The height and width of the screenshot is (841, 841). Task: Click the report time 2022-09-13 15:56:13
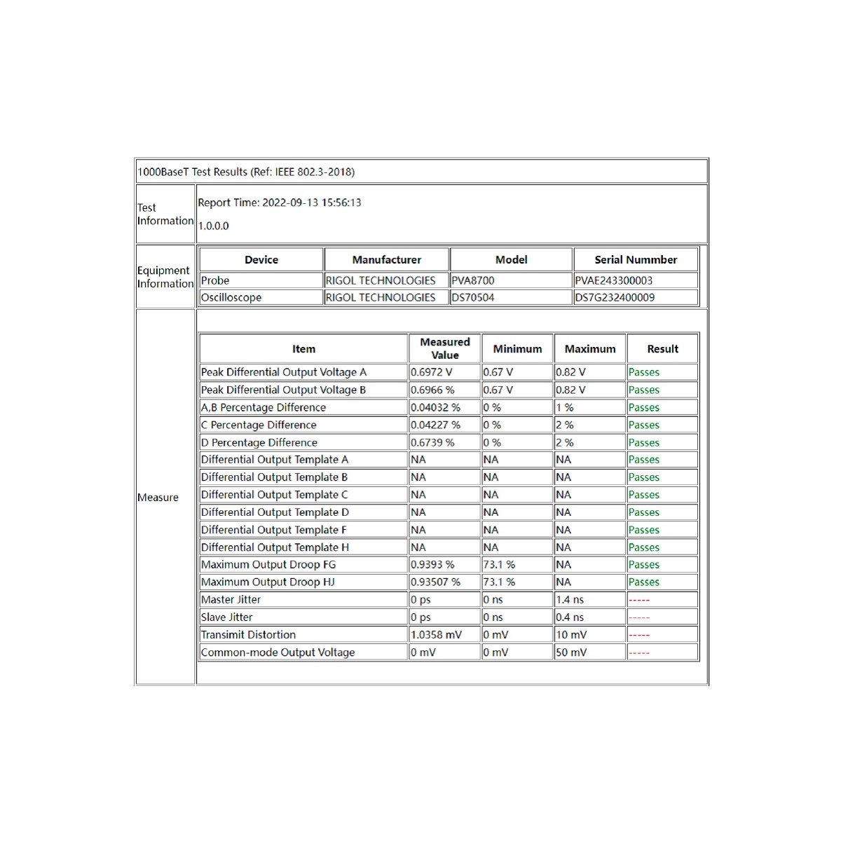pos(280,203)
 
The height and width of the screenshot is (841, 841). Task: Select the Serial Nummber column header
pos(636,260)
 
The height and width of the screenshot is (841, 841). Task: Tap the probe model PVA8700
pos(473,280)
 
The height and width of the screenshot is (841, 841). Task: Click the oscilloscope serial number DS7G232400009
pos(615,297)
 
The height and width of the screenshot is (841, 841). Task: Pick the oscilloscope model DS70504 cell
pos(473,297)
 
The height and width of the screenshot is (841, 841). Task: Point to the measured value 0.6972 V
pos(432,372)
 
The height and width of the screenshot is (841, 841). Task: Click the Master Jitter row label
pos(231,600)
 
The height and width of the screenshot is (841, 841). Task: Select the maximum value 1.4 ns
pos(570,600)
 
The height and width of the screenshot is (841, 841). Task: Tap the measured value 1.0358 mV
pos(436,635)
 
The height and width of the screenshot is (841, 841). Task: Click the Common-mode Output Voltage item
pos(278,652)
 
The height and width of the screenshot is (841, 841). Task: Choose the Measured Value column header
pos(445,348)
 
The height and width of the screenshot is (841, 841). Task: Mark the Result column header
pos(662,349)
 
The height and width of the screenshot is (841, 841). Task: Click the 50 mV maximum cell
pos(571,652)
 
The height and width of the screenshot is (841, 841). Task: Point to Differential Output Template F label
pos(273,530)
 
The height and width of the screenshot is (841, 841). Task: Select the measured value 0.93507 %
pos(435,582)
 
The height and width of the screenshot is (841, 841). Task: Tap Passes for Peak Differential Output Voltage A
pos(643,372)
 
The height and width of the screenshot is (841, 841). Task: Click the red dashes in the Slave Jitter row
pos(639,617)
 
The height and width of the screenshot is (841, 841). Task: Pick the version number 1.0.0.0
pos(214,226)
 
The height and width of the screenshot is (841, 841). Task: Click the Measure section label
pos(158,498)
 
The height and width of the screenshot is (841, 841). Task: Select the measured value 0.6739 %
pos(432,443)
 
